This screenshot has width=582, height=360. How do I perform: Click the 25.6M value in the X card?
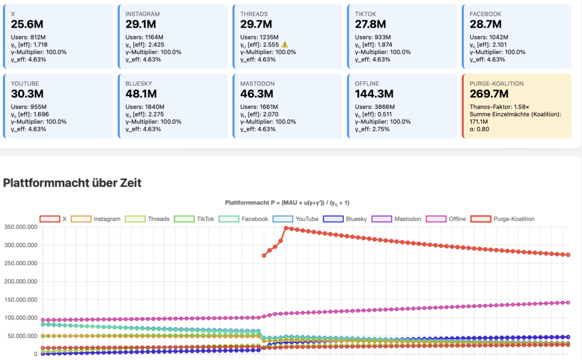[27, 24]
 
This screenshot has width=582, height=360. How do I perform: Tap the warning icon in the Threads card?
[285, 44]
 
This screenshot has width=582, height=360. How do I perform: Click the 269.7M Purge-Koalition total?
[488, 93]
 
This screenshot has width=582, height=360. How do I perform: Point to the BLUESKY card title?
[139, 83]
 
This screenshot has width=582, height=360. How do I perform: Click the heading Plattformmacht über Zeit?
[72, 183]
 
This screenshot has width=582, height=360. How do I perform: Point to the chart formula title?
[290, 202]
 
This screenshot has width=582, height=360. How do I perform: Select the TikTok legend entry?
[193, 219]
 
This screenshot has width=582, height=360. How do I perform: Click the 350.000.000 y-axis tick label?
[21, 227]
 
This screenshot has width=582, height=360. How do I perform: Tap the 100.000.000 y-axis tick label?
[21, 318]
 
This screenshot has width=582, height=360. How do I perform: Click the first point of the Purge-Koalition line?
[264, 255]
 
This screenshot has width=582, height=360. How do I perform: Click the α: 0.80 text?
[480, 129]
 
